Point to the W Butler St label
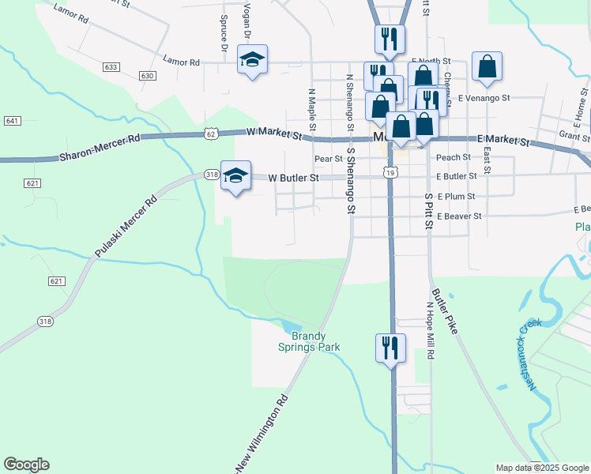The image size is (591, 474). pyautogui.click(x=293, y=178)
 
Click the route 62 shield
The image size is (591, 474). pyautogui.click(x=210, y=134)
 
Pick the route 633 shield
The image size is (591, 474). pyautogui.click(x=111, y=67)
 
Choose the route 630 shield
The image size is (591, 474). pyautogui.click(x=147, y=76)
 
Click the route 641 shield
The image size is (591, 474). pyautogui.click(x=12, y=121)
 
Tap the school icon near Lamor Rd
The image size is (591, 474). pyautogui.click(x=253, y=60)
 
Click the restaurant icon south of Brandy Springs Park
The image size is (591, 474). pyautogui.click(x=390, y=348)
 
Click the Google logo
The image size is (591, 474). pyautogui.click(x=26, y=465)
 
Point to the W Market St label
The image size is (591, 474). pyautogui.click(x=275, y=135)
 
